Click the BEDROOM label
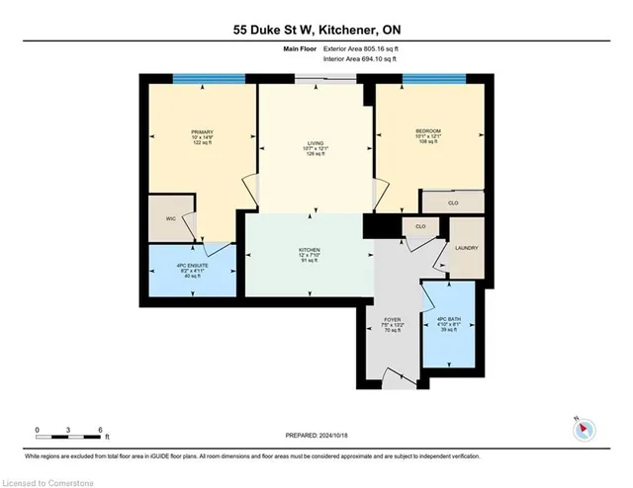427,131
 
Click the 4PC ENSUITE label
193,269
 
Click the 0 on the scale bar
38,430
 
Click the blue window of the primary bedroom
209,79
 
